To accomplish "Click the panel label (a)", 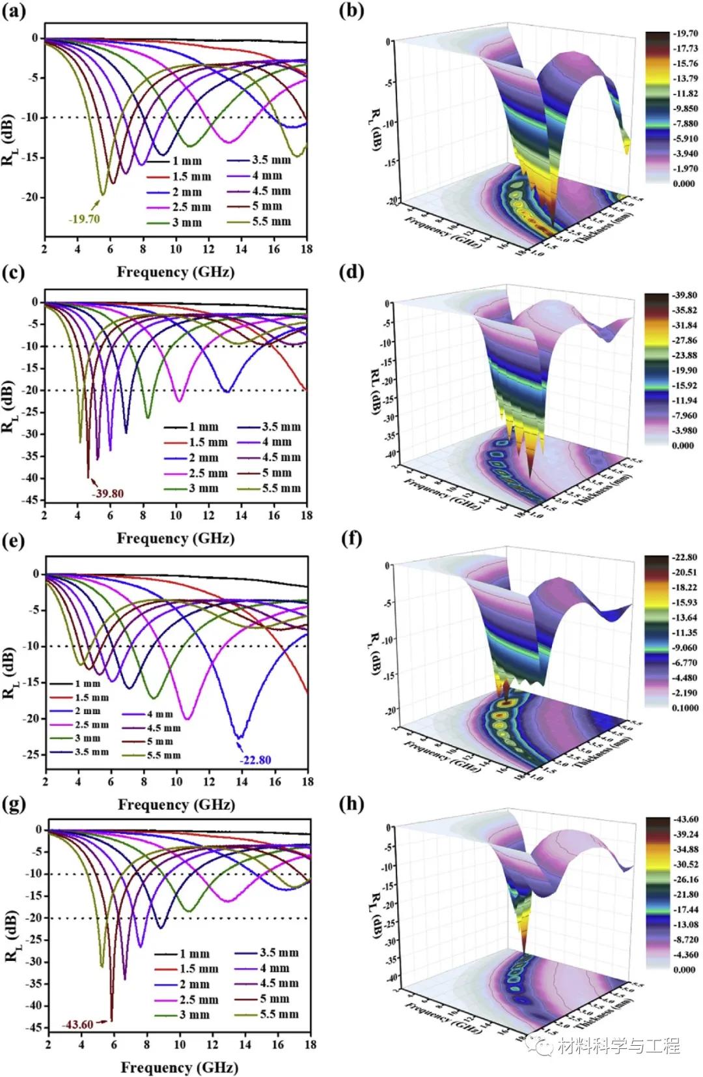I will click(x=14, y=12).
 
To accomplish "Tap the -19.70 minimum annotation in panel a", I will click(x=85, y=219).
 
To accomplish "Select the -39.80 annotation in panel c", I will click(x=107, y=493).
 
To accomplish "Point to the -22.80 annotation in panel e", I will click(x=255, y=760).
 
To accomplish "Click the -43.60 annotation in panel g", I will click(x=77, y=1025).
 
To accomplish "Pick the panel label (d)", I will click(x=351, y=272).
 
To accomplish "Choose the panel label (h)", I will click(x=351, y=805).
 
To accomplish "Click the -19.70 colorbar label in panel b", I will click(x=685, y=33).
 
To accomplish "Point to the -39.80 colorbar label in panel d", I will click(x=685, y=295).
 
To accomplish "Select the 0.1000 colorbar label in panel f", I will click(x=685, y=708).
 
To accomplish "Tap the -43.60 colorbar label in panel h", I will click(x=685, y=819).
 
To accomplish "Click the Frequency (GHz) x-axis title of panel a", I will click(x=176, y=272).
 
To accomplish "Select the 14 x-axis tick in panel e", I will click(x=243, y=781).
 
